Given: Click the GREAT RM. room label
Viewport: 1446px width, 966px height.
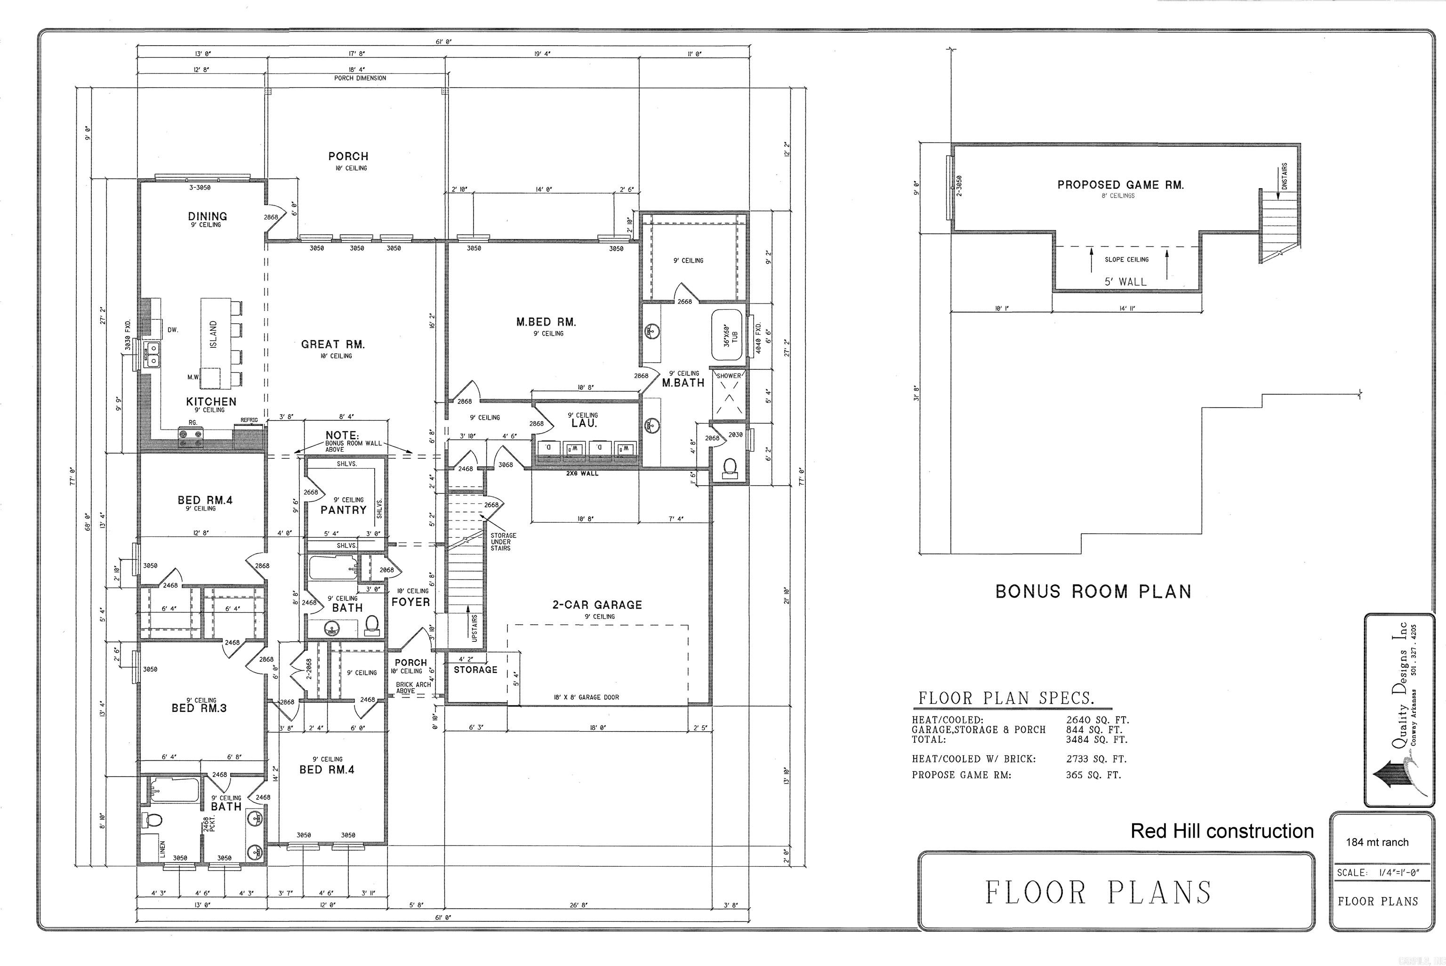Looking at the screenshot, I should tap(333, 344).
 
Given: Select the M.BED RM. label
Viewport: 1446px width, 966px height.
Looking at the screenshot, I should tap(546, 321).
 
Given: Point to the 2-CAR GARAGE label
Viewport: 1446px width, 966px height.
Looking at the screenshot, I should tap(597, 605).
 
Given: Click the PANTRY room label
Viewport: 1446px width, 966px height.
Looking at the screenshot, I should tap(343, 510).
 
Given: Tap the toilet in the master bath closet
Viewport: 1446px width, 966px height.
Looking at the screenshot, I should tap(730, 468).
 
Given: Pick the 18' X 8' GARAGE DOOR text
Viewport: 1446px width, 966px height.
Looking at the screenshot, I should tap(586, 697).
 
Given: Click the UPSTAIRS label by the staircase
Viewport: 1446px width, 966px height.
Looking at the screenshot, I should tap(474, 628).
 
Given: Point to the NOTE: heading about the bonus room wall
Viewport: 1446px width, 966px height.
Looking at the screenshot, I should tap(342, 435).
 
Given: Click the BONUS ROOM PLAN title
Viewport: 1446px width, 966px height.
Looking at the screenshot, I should tap(1093, 591).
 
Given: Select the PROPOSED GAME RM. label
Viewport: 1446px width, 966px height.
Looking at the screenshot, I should tap(1120, 185).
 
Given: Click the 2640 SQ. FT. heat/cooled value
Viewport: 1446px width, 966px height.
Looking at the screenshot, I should tap(1097, 719).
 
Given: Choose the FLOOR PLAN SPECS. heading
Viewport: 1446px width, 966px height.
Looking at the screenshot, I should tap(1006, 698).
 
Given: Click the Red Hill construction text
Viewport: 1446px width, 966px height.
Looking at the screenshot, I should tap(1222, 831).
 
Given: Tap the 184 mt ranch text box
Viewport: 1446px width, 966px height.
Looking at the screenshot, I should tap(1377, 842).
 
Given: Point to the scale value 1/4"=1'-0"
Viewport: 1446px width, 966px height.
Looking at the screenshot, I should tap(1398, 872).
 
